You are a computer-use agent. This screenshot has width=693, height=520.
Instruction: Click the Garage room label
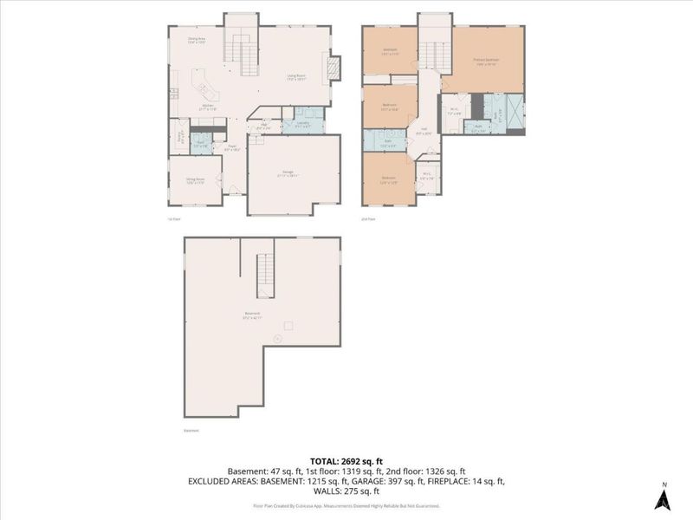(x=286, y=174)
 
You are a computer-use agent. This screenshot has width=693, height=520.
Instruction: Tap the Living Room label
(x=296, y=76)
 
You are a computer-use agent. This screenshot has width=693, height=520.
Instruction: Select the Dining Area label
(x=197, y=40)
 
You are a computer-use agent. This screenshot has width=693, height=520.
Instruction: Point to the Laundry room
(x=303, y=121)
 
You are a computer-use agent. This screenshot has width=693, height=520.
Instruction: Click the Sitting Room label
(x=194, y=181)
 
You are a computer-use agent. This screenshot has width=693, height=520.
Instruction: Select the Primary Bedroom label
(x=486, y=61)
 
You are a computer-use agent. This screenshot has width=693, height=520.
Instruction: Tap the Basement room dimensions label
(x=252, y=318)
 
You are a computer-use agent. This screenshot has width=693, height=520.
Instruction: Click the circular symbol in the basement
(x=276, y=338)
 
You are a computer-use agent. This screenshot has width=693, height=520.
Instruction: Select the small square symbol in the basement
(x=288, y=326)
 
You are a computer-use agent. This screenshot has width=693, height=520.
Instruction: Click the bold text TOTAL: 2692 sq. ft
(x=346, y=460)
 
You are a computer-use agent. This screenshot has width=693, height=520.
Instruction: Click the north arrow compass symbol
(x=663, y=498)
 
